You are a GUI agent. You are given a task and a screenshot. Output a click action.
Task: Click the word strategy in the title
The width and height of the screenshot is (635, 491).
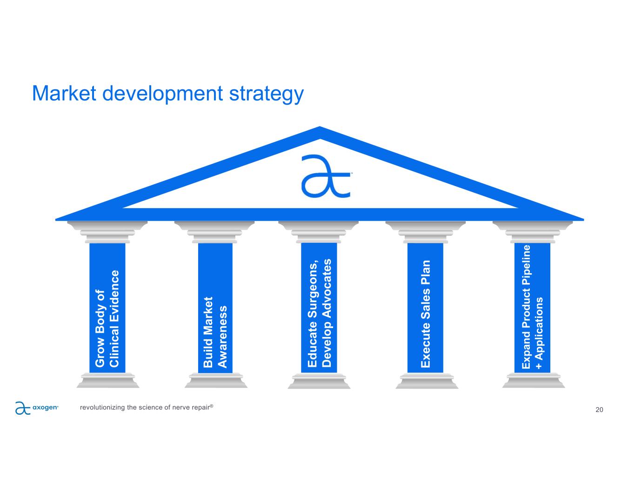(x=266, y=94)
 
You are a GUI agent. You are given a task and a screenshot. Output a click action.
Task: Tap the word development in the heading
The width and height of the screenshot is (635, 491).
(x=162, y=94)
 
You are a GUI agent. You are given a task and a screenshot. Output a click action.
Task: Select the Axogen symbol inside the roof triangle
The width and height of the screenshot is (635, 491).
(x=326, y=176)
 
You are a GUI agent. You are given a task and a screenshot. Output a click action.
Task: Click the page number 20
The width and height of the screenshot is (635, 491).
(x=599, y=410)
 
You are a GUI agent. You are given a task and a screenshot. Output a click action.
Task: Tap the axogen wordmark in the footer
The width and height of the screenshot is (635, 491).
(x=45, y=407)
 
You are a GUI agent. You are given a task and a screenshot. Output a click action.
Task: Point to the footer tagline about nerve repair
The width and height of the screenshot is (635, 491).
(x=147, y=407)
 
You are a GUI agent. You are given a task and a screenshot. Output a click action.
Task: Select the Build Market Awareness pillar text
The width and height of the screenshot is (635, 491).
(x=215, y=332)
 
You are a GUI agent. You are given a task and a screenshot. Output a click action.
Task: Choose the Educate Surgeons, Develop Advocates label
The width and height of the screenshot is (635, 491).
(x=319, y=313)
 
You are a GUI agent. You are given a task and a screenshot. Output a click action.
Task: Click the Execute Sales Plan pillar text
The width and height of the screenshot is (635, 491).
(x=425, y=314)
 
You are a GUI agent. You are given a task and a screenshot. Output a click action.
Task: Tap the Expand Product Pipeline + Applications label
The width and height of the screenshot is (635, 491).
(x=532, y=307)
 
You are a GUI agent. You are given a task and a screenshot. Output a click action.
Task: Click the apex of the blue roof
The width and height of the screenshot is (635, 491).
(x=320, y=127)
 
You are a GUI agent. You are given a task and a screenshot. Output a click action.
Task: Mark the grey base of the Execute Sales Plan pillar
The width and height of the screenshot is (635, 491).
(x=427, y=381)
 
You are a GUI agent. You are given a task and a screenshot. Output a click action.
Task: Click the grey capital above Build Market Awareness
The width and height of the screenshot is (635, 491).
(x=214, y=232)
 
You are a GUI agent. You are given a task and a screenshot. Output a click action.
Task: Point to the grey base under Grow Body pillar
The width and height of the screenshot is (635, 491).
(x=108, y=380)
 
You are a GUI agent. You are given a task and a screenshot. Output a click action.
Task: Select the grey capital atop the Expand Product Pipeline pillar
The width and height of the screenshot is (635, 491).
(x=533, y=232)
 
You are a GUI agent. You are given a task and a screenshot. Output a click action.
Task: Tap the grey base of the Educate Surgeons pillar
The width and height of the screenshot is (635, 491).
(x=319, y=381)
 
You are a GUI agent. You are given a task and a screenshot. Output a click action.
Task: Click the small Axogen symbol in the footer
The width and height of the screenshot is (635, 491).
(x=22, y=408)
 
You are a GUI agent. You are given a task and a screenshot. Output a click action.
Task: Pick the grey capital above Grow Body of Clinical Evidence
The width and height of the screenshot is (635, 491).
(x=107, y=232)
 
